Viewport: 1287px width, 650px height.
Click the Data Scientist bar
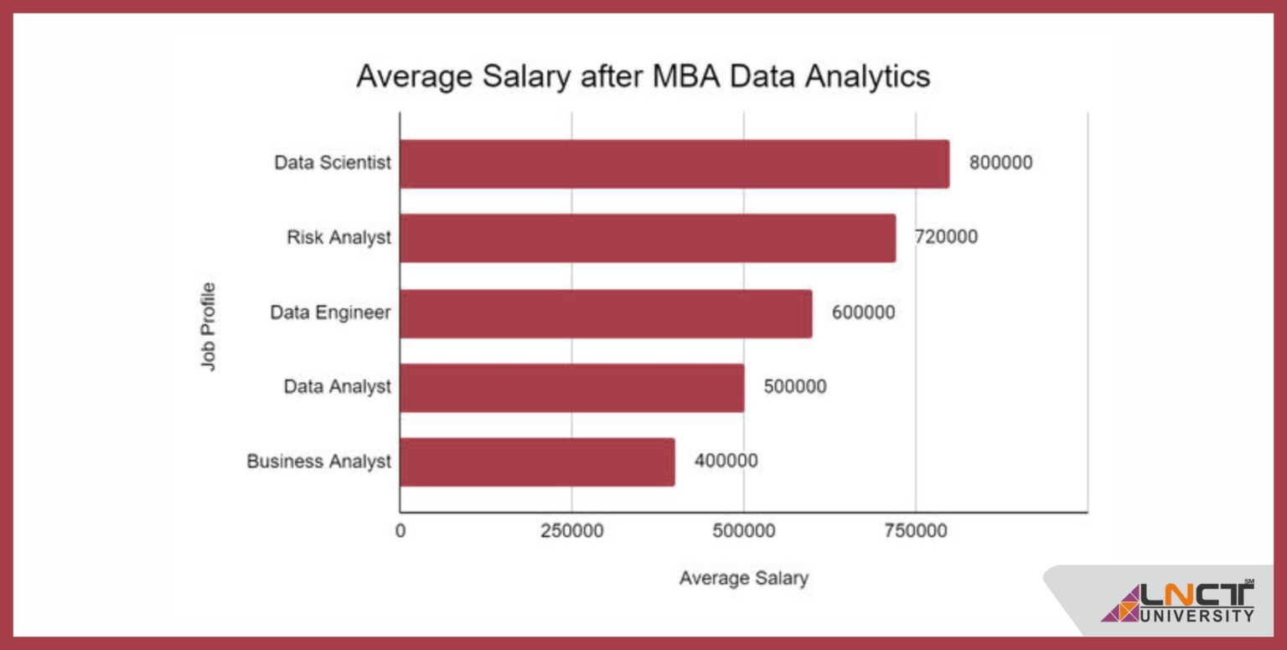(675, 163)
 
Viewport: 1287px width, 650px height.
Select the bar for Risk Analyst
(648, 238)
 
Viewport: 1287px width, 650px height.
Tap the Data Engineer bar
(606, 313)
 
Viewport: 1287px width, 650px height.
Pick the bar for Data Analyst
(571, 387)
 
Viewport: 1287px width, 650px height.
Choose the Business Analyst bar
(537, 462)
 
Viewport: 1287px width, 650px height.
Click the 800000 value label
(1000, 163)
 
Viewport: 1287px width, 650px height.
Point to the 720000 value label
(945, 238)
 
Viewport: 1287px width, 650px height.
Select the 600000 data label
(863, 313)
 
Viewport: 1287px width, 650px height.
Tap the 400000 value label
(726, 462)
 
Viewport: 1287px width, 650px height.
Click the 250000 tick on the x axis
(571, 531)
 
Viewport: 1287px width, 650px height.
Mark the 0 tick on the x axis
(401, 531)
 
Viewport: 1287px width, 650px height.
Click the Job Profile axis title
(208, 327)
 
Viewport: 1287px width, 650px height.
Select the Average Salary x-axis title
(743, 578)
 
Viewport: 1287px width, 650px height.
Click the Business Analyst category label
(318, 462)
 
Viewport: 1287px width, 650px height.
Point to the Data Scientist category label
(333, 163)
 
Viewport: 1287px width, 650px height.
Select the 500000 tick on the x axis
(743, 531)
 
